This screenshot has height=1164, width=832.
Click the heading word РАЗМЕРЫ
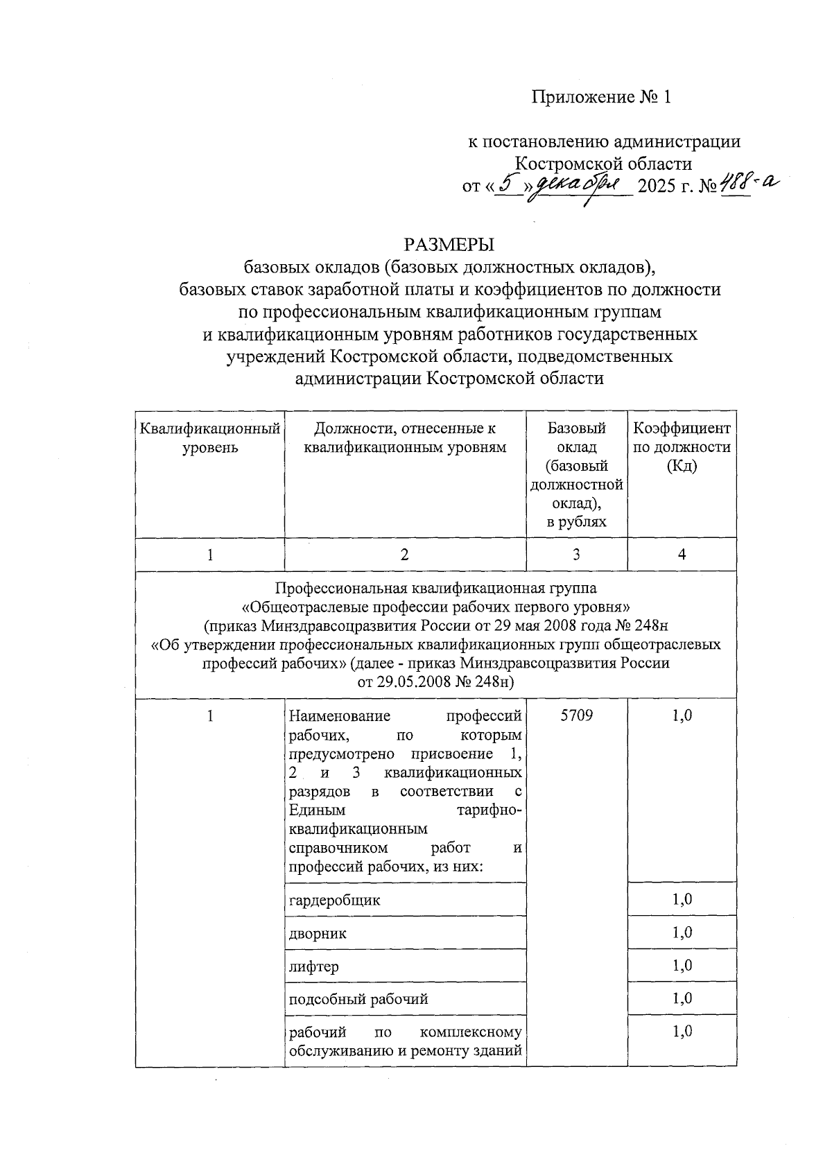click(449, 245)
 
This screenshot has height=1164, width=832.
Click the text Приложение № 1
click(602, 96)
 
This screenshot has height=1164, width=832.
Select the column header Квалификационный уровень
click(210, 438)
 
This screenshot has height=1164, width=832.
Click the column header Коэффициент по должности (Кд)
click(682, 447)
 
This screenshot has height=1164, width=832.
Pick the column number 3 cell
click(576, 555)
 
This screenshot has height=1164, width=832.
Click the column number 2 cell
click(405, 555)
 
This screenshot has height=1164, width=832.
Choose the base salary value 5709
click(576, 715)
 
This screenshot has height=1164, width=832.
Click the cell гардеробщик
click(334, 900)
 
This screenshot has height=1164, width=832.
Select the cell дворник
click(318, 933)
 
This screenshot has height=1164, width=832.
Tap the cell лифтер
click(313, 966)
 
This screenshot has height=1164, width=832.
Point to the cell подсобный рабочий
click(358, 999)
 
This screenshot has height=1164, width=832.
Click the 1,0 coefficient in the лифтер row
click(682, 966)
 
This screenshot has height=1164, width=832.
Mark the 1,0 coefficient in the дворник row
click(682, 933)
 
